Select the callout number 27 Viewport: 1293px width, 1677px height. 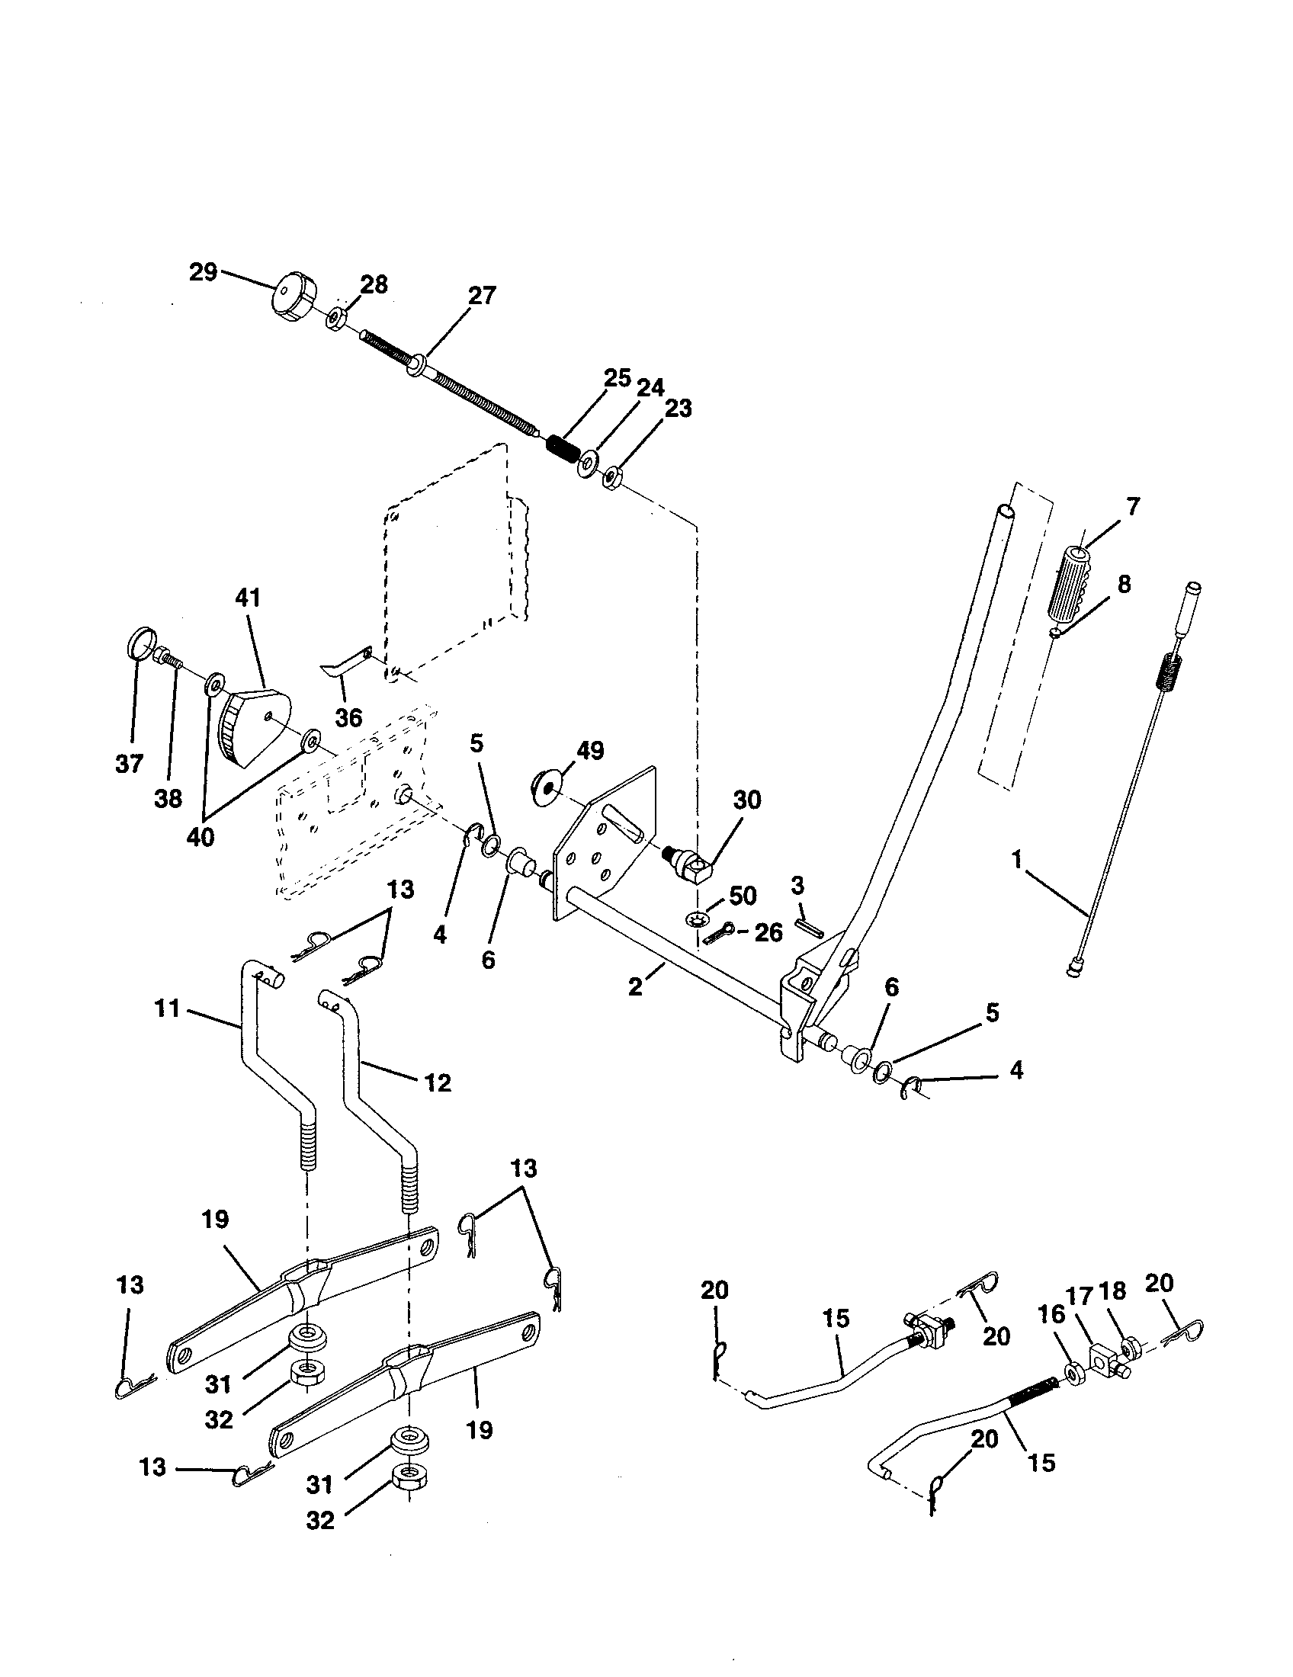pyautogui.click(x=482, y=296)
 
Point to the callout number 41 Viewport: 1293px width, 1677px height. pyautogui.click(x=247, y=598)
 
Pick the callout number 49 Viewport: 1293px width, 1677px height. pyautogui.click(x=589, y=750)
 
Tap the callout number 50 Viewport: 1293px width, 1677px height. pyautogui.click(x=742, y=896)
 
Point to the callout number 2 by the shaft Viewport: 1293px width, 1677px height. pyautogui.click(x=635, y=986)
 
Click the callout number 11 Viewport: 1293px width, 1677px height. pyautogui.click(x=167, y=1008)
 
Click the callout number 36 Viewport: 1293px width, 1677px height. pyautogui.click(x=348, y=718)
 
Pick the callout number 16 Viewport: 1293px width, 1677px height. pyautogui.click(x=1051, y=1314)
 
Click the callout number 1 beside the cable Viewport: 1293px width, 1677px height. pyautogui.click(x=1017, y=860)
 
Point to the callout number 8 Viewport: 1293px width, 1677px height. pyautogui.click(x=1123, y=585)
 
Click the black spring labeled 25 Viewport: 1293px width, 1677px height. pyautogui.click(x=564, y=447)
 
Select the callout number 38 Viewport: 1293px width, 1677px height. pyautogui.click(x=168, y=799)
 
